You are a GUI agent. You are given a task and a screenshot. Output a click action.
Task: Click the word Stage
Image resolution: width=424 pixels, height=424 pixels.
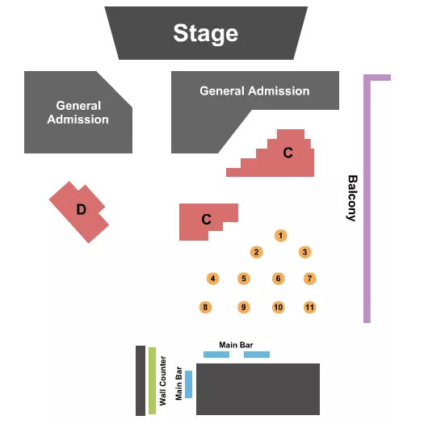(206, 33)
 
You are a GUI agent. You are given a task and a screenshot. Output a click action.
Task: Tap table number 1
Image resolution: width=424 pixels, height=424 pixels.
(280, 236)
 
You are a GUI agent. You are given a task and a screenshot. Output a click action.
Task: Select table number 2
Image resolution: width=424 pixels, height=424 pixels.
(256, 252)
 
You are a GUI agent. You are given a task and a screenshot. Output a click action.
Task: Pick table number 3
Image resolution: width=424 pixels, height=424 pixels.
(304, 252)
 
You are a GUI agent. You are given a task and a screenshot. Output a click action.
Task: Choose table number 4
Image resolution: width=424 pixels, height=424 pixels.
(212, 279)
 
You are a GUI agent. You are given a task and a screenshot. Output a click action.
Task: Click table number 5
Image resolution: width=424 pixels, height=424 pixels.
(243, 279)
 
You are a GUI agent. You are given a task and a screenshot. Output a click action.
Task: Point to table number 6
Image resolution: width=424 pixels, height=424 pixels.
(278, 279)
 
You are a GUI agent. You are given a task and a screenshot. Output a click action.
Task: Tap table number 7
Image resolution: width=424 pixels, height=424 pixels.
(309, 279)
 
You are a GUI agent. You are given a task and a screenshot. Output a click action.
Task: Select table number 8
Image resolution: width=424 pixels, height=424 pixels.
(206, 307)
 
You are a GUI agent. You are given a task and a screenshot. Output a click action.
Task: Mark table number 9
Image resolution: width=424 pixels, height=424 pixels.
(243, 307)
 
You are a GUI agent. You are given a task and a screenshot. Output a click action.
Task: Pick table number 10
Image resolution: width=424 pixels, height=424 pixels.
(278, 307)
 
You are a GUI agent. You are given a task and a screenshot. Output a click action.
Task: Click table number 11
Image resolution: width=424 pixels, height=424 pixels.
(309, 307)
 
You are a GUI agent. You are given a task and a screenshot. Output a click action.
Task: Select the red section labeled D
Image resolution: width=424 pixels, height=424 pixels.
(79, 210)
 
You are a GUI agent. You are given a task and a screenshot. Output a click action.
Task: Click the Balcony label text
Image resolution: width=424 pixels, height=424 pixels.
(352, 198)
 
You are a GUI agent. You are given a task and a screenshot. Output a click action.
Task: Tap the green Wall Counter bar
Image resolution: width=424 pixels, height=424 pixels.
(152, 380)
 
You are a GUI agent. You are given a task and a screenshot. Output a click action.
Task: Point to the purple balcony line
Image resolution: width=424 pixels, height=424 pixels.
(367, 202)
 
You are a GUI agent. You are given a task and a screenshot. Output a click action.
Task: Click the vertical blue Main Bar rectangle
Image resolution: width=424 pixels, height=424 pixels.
(189, 384)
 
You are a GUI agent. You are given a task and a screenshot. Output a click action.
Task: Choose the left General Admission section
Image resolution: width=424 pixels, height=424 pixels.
(77, 113)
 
